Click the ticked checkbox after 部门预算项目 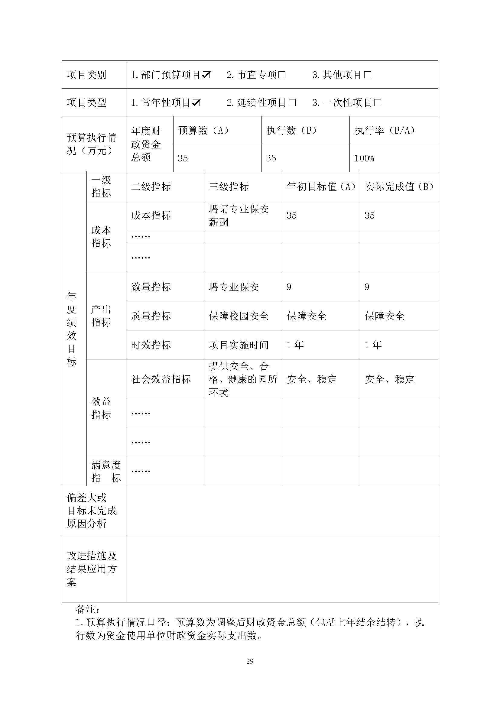click(206, 75)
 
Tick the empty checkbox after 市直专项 click(282, 75)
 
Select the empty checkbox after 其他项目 click(368, 75)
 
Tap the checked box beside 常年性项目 click(196, 102)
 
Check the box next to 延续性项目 click(292, 102)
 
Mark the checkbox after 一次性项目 click(378, 102)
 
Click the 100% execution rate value click(364, 158)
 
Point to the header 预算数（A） click(203, 131)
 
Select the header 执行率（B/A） click(385, 131)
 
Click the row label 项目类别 click(86, 75)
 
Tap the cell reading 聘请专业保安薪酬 click(239, 215)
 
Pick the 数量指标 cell click(151, 287)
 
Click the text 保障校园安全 click(239, 316)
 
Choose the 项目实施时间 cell click(239, 345)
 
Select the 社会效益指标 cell click(161, 379)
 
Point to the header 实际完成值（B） click(399, 186)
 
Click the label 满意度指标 click(106, 472)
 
